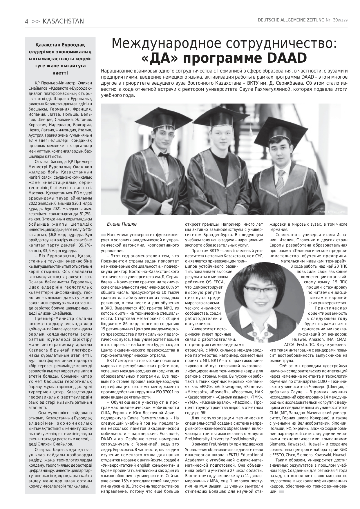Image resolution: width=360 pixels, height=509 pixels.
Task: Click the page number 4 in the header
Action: [26, 21]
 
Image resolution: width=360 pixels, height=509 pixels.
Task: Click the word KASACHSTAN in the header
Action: [63, 21]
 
